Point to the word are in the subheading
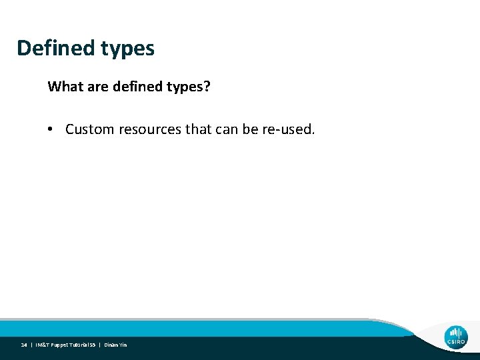(96, 87)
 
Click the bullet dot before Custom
(51, 129)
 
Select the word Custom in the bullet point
(90, 129)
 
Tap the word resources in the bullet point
(150, 129)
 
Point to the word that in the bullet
(198, 129)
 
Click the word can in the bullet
(227, 129)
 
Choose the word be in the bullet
(251, 129)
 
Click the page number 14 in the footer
(24, 345)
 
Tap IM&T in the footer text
(42, 345)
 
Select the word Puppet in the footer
(61, 345)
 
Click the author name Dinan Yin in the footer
(115, 345)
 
